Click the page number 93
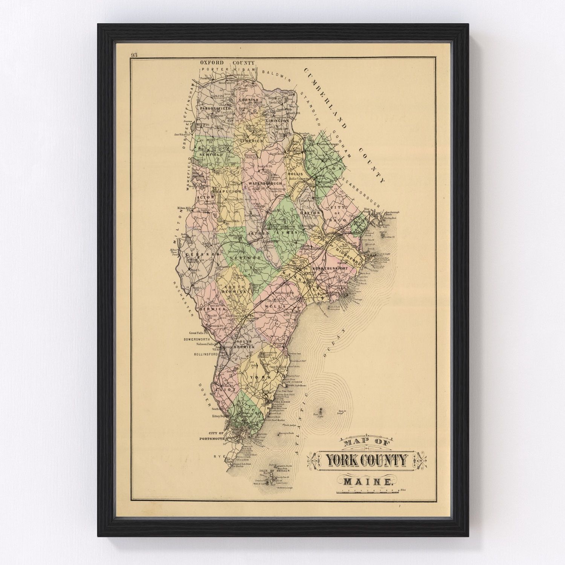[134, 55]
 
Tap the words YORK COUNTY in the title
[366, 460]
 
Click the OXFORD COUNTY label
[227, 63]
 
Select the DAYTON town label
[310, 213]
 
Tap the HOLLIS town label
[295, 175]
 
